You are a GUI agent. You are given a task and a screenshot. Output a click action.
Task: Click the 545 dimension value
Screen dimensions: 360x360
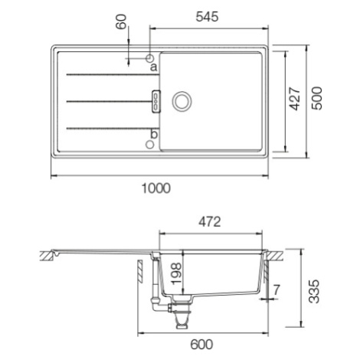[x=207, y=17]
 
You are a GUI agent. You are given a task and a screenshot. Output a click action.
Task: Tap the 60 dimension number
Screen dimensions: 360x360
[x=121, y=21]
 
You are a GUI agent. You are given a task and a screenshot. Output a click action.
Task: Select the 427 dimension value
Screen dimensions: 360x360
[x=295, y=99]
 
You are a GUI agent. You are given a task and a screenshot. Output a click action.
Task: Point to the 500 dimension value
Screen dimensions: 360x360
[x=317, y=98]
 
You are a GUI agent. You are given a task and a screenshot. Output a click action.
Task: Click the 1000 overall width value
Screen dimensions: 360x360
[x=155, y=188]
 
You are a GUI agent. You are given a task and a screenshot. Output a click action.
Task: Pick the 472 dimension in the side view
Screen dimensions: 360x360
[x=210, y=222]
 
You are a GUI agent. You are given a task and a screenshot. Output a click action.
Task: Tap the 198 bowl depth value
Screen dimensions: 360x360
[x=176, y=274]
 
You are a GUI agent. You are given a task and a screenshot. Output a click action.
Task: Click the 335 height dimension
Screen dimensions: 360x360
[x=314, y=291]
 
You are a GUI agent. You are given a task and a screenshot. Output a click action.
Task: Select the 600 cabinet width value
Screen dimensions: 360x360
[x=201, y=345]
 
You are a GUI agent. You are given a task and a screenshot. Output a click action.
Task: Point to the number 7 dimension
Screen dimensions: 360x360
[x=277, y=290]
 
